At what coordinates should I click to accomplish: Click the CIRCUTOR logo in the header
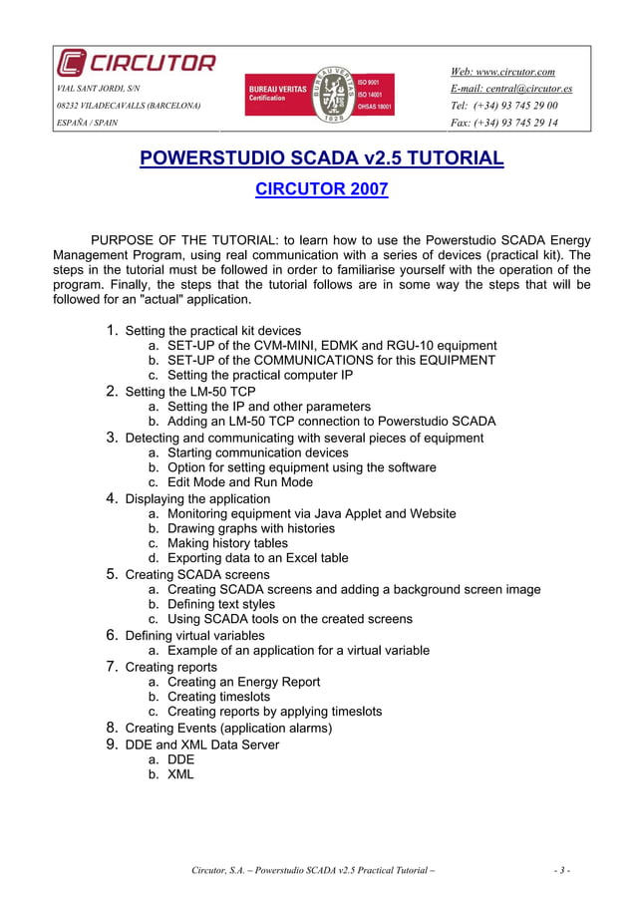[x=136, y=64]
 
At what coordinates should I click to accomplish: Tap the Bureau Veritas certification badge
[x=320, y=96]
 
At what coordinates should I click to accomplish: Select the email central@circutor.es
[x=511, y=89]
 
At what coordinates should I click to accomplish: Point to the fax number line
[x=504, y=124]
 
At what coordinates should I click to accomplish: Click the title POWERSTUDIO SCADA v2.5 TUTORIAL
[x=321, y=158]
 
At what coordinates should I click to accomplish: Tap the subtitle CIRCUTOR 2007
[x=321, y=189]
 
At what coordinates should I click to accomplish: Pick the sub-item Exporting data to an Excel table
[x=257, y=558]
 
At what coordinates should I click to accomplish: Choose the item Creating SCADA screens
[x=196, y=574]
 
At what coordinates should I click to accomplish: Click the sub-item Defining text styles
[x=234, y=604]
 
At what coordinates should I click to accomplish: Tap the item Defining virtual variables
[x=194, y=635]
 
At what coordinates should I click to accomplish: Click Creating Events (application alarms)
[x=228, y=728]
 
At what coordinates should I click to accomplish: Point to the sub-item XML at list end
[x=180, y=773]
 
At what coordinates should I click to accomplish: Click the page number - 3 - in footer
[x=561, y=870]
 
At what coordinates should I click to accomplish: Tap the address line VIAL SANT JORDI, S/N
[x=98, y=89]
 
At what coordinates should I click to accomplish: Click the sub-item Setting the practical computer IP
[x=260, y=376]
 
